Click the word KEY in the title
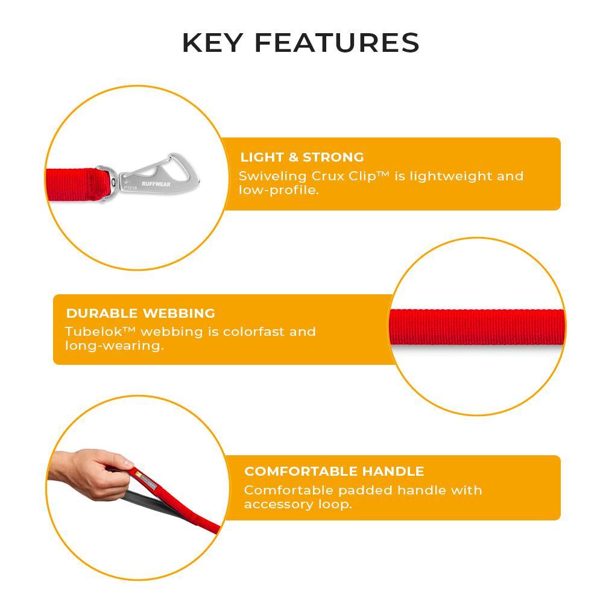point(212,43)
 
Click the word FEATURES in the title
point(337,43)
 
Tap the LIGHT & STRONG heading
point(302,157)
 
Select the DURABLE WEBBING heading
point(140,313)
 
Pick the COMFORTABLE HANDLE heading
point(334,471)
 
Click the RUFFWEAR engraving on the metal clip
point(156,184)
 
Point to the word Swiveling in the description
point(273,176)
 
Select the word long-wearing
point(114,346)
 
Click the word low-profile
point(279,190)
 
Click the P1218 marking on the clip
point(130,188)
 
